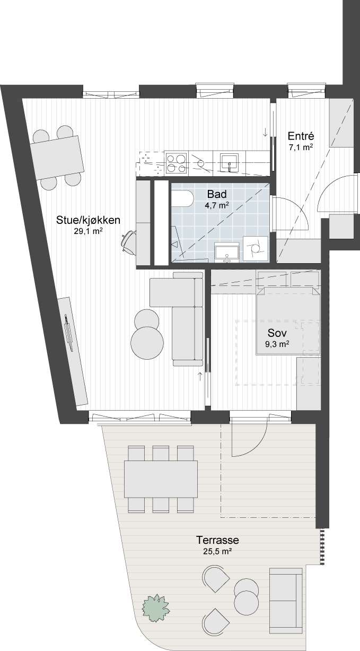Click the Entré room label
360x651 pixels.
pyautogui.click(x=301, y=136)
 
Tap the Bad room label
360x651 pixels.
pyautogui.click(x=216, y=194)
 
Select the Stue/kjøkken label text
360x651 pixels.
pyautogui.click(x=88, y=220)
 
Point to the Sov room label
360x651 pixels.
pyautogui.click(x=277, y=333)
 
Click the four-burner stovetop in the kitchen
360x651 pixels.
pyautogui.click(x=176, y=163)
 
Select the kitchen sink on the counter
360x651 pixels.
pyautogui.click(x=229, y=163)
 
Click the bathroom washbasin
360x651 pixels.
pyautogui.click(x=227, y=252)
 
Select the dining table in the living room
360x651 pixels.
pyautogui.click(x=57, y=157)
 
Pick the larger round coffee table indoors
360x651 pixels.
pyautogui.click(x=147, y=343)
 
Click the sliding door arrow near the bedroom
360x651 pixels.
pyautogui.click(x=200, y=376)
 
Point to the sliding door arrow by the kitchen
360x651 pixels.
pyautogui.click(x=265, y=132)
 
